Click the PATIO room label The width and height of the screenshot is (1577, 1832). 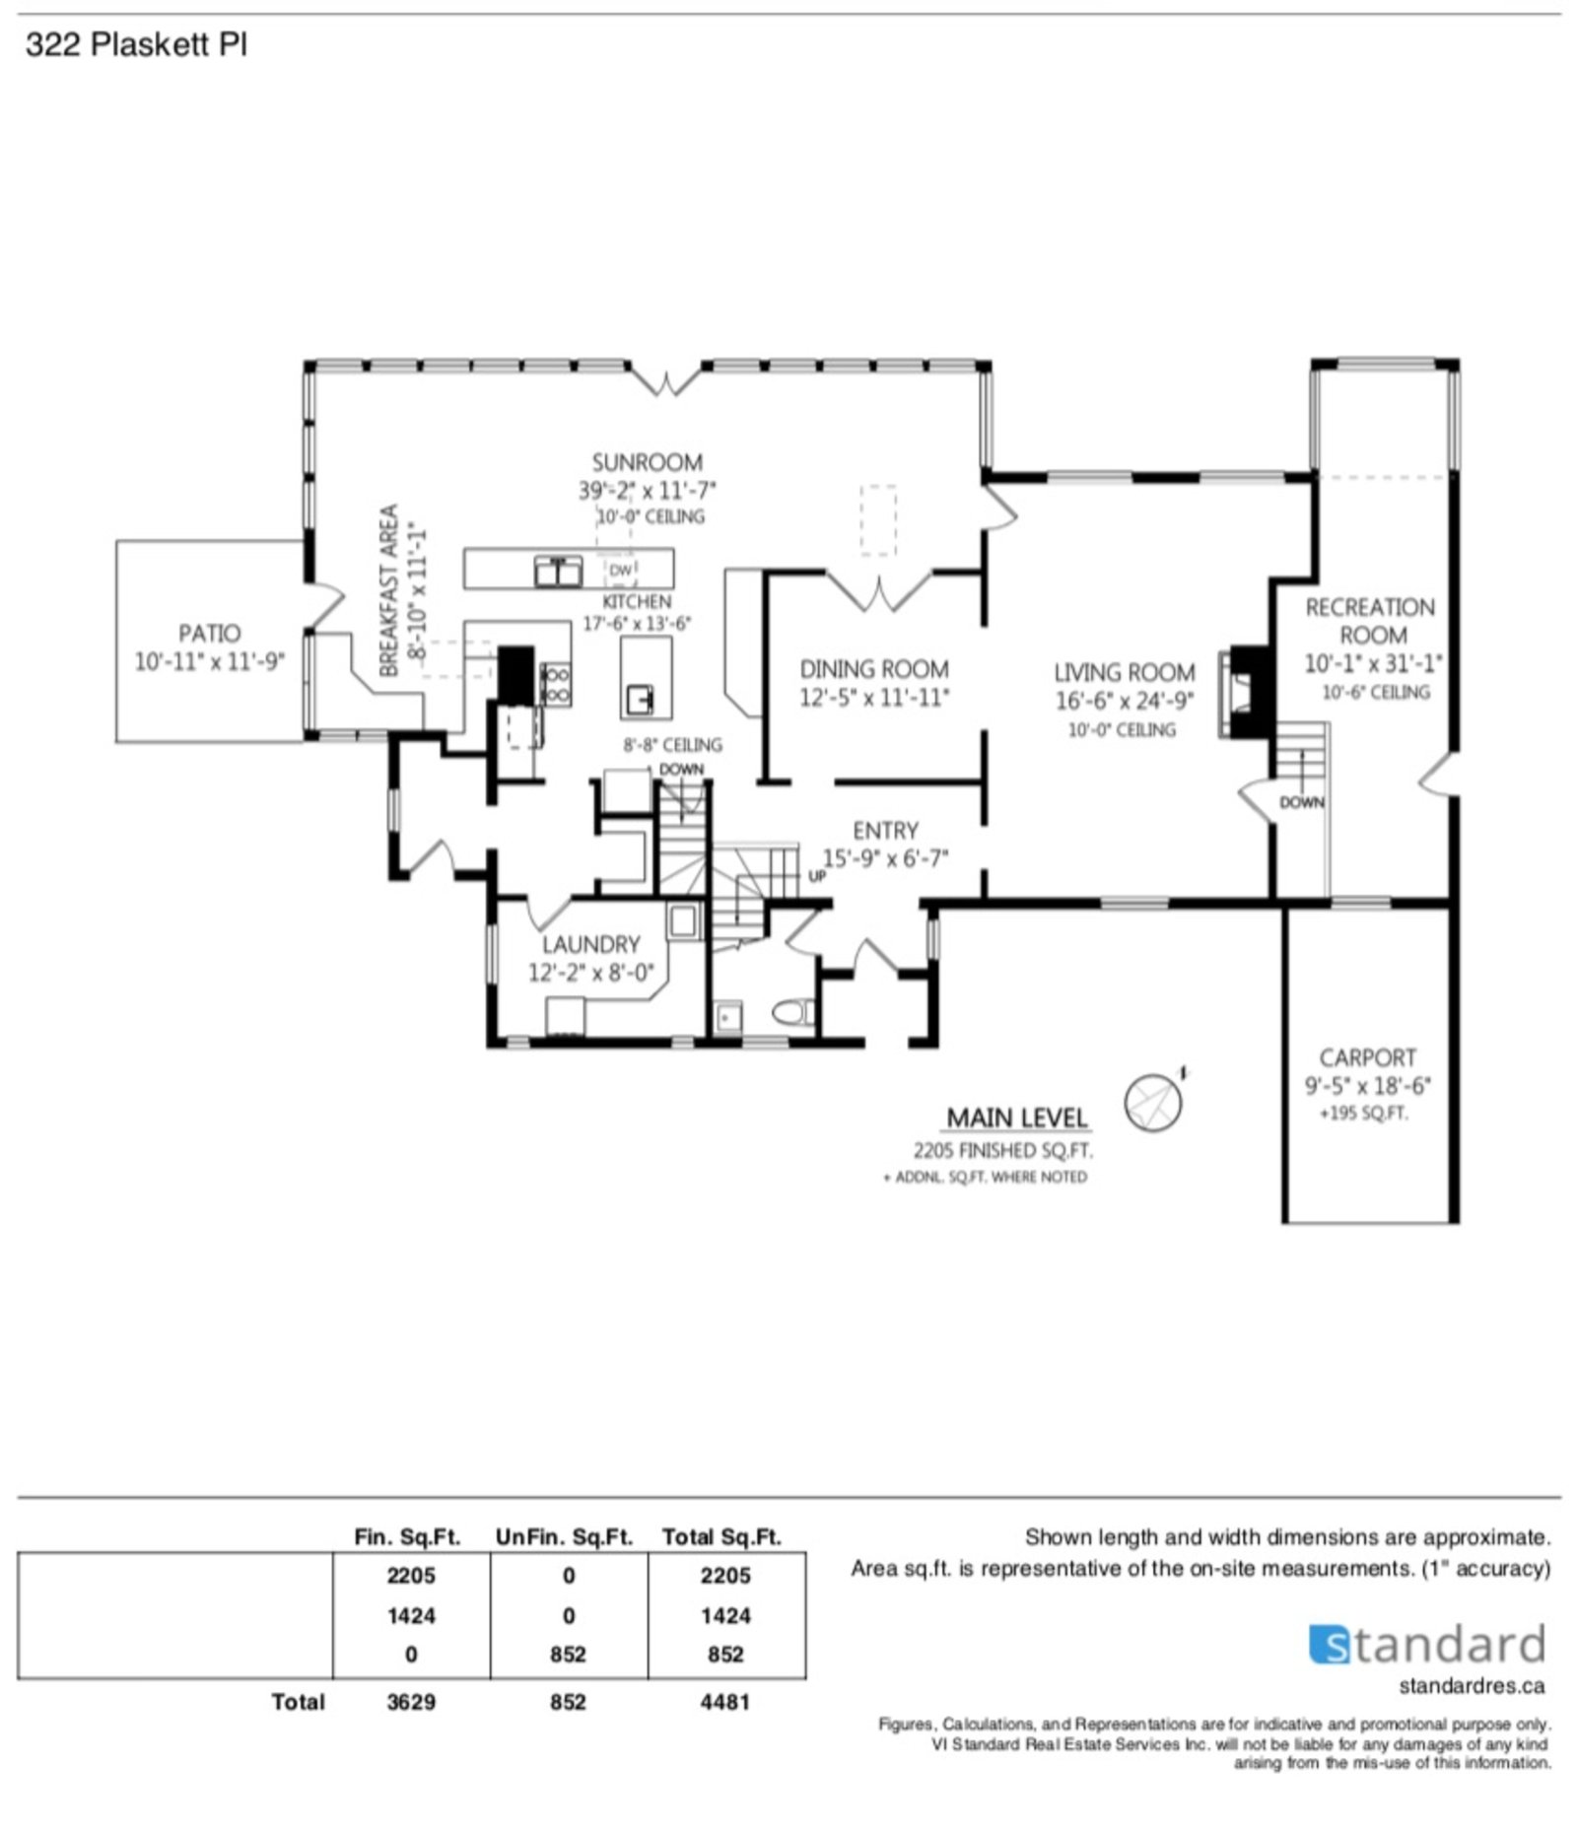[209, 633]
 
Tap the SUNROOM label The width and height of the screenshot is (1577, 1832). [648, 462]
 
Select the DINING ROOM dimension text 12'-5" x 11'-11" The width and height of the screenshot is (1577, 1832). [873, 698]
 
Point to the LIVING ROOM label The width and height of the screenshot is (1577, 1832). [1125, 672]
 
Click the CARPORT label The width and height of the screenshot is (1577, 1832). [1367, 1057]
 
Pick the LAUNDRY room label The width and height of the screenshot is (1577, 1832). [590, 944]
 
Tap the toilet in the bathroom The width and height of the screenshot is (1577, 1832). [792, 1012]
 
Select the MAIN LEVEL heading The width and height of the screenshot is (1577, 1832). [1017, 1118]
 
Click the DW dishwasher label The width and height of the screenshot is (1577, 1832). [620, 570]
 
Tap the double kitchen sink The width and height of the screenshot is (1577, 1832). [558, 572]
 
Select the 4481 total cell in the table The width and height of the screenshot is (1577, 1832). [724, 1702]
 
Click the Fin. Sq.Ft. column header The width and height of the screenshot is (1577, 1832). [407, 1536]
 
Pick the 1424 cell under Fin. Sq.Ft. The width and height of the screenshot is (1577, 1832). [411, 1615]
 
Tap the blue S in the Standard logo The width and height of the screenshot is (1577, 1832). [1330, 1645]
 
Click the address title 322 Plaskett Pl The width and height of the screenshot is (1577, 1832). [136, 44]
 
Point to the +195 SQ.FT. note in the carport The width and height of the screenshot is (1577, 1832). [1364, 1114]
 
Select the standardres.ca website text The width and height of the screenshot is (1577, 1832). [1472, 1686]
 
